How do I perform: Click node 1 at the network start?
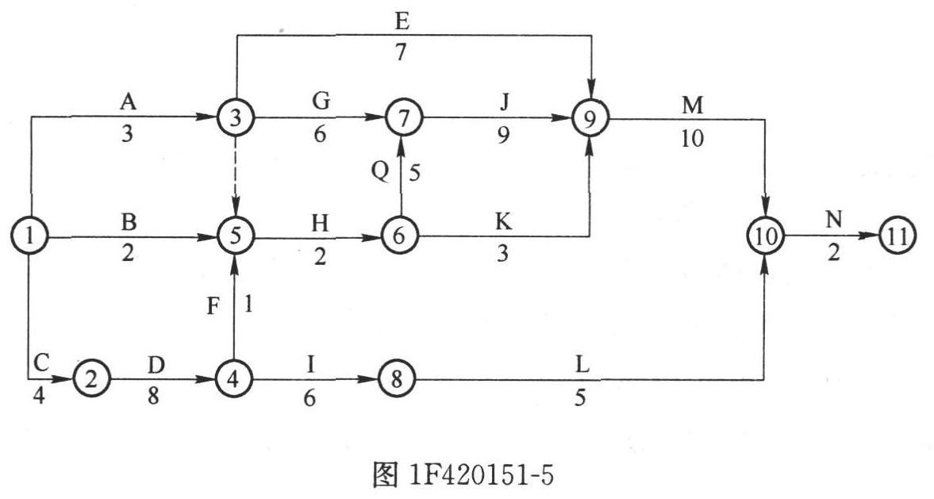[x=29, y=236]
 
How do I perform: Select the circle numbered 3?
[x=236, y=117]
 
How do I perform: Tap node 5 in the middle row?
[x=236, y=236]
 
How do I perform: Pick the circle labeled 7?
[x=403, y=117]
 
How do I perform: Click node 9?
[x=590, y=118]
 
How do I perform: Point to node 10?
[x=765, y=236]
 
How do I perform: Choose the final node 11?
[x=897, y=236]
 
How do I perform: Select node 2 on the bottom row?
[x=91, y=378]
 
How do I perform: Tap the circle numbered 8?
[x=398, y=378]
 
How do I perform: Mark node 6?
[x=400, y=236]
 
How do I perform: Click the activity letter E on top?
[x=402, y=23]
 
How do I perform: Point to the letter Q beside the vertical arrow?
[x=380, y=172]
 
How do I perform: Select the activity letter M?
[x=692, y=106]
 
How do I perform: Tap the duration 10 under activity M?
[x=691, y=139]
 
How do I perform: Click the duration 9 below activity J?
[x=503, y=136]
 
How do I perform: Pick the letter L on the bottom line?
[x=582, y=365]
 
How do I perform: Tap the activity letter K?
[x=504, y=222]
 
